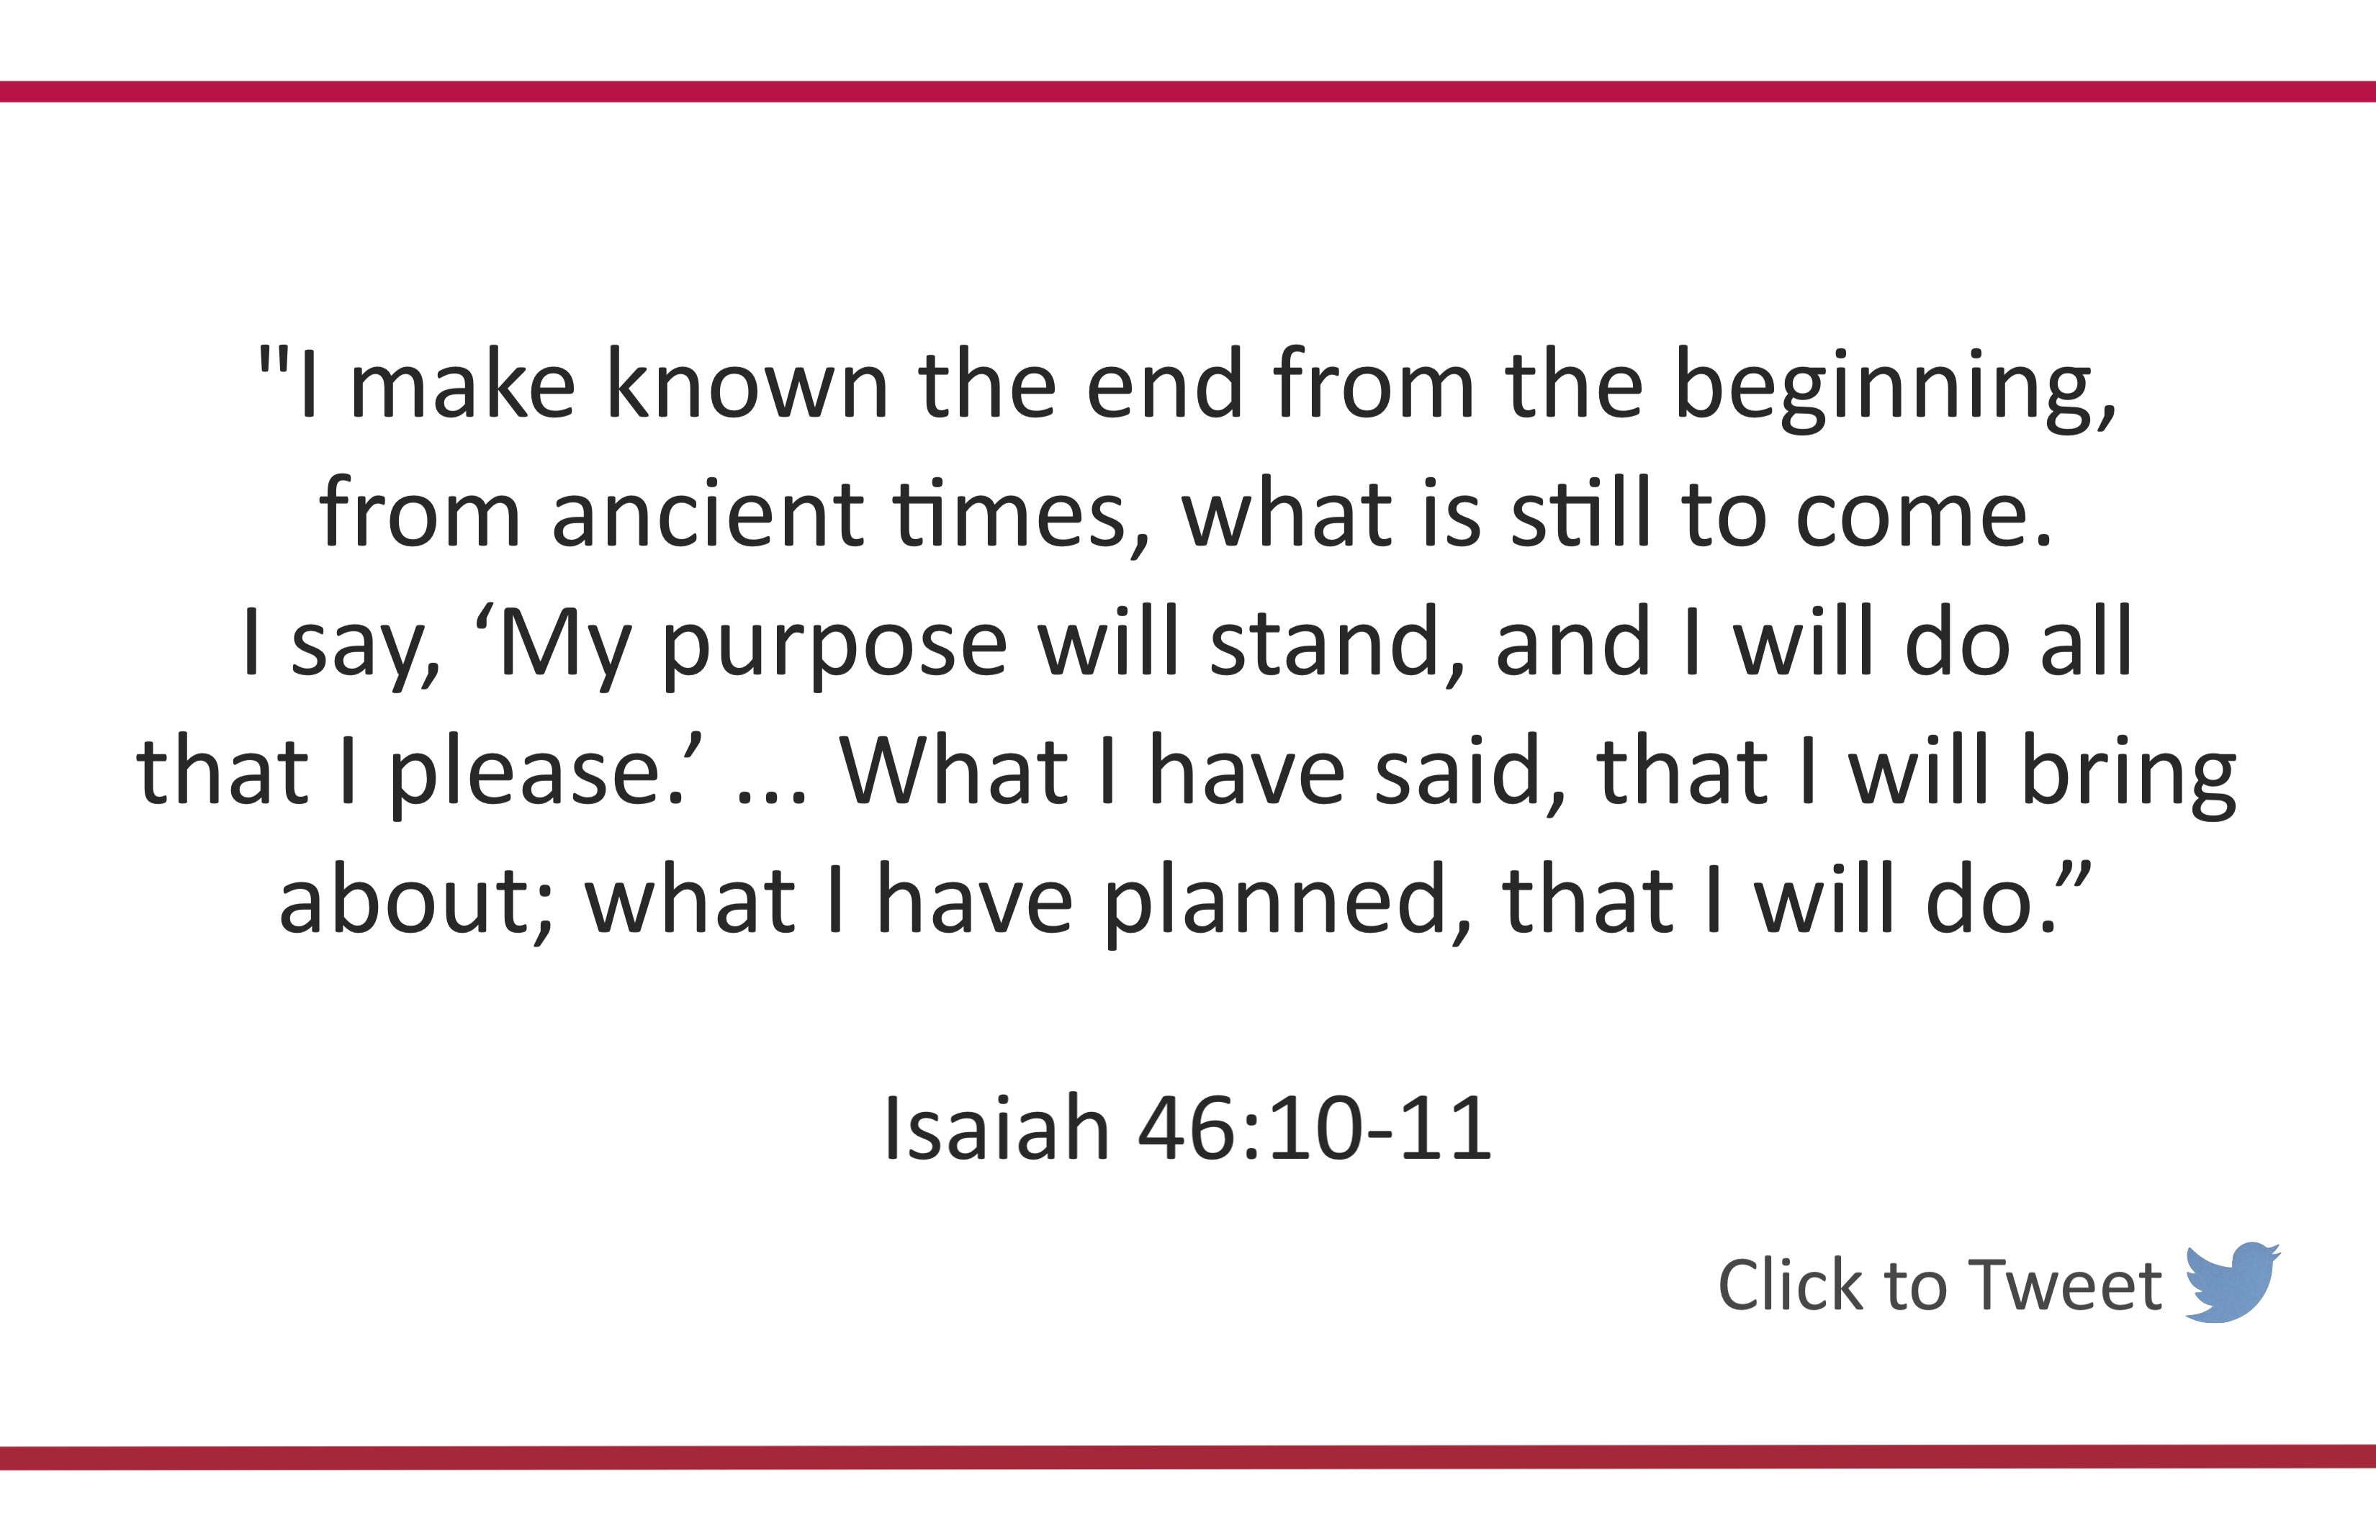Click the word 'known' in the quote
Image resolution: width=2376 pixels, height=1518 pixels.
747,384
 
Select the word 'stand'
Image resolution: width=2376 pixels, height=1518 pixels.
1325,641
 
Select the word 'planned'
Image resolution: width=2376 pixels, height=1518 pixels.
1276,903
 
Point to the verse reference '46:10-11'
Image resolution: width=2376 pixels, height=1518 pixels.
1314,1127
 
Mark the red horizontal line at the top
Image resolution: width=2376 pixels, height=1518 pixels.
1188,91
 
